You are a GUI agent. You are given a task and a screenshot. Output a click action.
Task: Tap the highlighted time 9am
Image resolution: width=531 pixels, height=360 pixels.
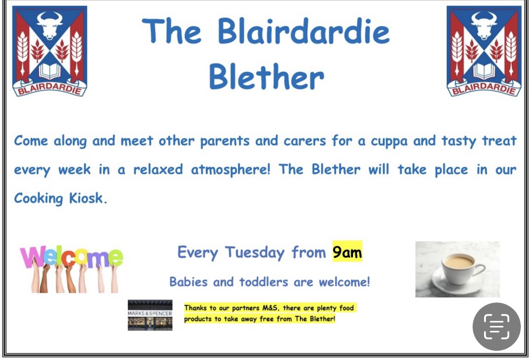[347, 252]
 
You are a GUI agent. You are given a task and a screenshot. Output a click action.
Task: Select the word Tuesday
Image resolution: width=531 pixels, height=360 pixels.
[254, 253]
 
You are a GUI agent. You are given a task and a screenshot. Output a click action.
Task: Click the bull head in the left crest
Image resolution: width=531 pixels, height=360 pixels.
[49, 25]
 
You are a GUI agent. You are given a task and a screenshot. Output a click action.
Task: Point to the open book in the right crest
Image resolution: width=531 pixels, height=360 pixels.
[484, 71]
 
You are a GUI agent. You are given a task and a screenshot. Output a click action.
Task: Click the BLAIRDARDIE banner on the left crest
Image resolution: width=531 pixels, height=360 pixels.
[49, 88]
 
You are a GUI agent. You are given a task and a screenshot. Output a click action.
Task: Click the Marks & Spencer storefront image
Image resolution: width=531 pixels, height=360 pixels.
[150, 315]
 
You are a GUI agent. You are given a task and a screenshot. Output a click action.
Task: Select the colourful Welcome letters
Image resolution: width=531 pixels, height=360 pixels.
[71, 257]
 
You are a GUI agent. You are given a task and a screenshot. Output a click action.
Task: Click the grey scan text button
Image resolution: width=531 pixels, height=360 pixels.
[496, 326]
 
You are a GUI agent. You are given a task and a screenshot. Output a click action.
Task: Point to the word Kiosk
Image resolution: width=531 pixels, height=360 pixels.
[88, 198]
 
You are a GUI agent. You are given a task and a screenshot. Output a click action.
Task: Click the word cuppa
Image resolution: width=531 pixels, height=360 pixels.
[389, 141]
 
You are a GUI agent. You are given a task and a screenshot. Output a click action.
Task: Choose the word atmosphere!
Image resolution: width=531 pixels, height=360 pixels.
[231, 169]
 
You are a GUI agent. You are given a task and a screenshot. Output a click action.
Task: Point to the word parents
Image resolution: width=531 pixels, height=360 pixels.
[225, 141]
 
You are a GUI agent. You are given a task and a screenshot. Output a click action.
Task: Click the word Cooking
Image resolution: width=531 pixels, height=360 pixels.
[39, 198]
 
